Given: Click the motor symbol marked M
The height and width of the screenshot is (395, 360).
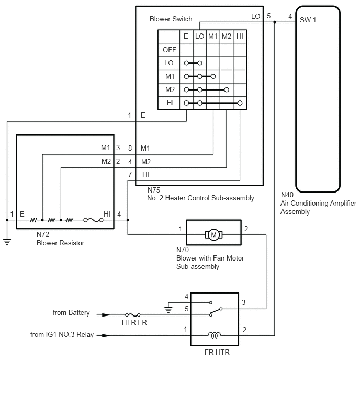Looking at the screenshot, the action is tap(213, 235).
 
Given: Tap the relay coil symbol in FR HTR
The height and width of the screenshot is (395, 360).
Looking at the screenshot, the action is tap(214, 335).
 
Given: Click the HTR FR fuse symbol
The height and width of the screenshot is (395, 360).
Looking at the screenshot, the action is tap(132, 315).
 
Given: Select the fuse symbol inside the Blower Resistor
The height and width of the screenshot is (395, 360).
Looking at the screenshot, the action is tap(93, 220).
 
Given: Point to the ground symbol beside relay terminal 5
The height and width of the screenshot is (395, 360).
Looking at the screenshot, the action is tap(168, 310).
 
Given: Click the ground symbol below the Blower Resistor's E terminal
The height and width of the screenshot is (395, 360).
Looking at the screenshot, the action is tap(7, 242).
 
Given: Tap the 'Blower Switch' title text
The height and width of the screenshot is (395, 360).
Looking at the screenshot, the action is tap(171, 19).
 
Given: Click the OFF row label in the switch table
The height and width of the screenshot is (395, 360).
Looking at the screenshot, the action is tap(170, 50).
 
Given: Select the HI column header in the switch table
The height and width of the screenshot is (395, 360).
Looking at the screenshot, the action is tap(240, 36).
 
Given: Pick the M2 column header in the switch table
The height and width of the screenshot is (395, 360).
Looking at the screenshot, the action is tap(227, 36).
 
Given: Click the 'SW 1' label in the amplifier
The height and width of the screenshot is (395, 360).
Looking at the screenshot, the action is tap(308, 20).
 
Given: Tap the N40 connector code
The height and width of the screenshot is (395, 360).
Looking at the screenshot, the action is tap(287, 195).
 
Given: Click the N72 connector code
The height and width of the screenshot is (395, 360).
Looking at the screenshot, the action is tap(43, 234).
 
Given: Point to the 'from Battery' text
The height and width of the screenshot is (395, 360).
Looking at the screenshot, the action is tap(71, 313).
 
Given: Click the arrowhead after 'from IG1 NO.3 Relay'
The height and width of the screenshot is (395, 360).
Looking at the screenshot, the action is tap(106, 335).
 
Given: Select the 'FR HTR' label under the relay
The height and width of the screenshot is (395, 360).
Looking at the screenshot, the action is tap(217, 352).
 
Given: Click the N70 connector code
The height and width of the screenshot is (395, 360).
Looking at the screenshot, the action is tap(183, 250).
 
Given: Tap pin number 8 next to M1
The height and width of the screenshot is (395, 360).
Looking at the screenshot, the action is tap(130, 148).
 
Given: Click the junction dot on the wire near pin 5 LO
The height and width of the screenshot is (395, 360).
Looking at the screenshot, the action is tap(275, 22).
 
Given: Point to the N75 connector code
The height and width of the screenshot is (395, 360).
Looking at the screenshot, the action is tap(154, 190).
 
